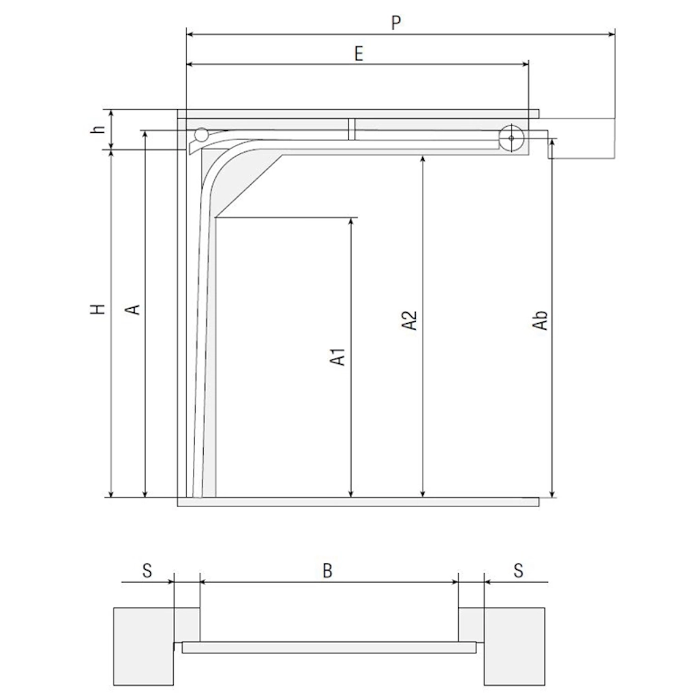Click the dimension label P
(x=396, y=22)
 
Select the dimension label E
(x=359, y=54)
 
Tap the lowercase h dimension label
(x=98, y=128)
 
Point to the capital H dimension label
(x=98, y=309)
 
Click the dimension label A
(x=132, y=309)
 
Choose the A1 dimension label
(x=338, y=356)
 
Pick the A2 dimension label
(x=410, y=320)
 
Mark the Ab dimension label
(x=540, y=320)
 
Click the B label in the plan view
(x=328, y=571)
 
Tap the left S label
(x=147, y=571)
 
